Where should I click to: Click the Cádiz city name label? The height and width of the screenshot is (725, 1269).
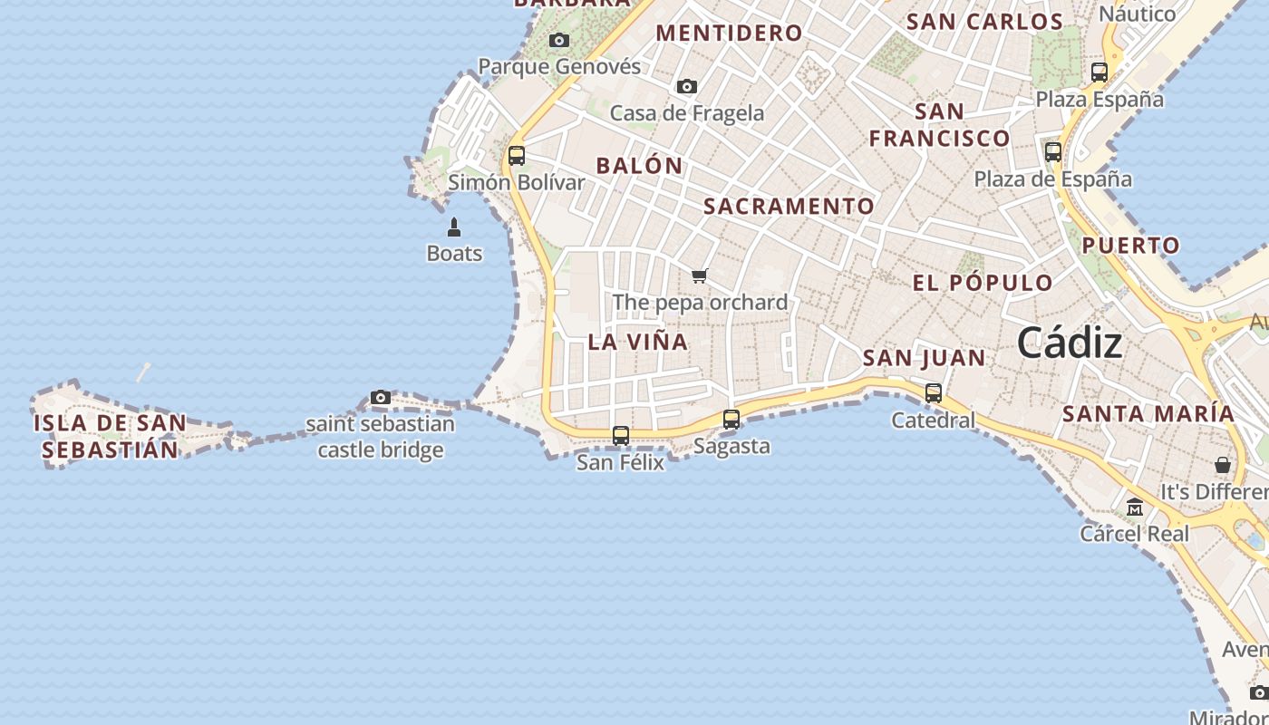(1070, 343)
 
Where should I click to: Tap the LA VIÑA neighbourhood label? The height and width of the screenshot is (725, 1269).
(638, 342)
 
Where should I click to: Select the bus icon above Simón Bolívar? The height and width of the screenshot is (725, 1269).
(517, 156)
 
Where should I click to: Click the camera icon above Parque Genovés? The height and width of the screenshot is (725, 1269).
(559, 40)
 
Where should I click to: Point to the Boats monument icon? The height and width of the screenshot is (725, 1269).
(454, 227)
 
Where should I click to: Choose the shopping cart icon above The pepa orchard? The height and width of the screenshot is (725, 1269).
(699, 275)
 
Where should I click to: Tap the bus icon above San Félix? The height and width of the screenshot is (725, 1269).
(621, 436)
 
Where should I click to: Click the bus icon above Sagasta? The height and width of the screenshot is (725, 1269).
(731, 420)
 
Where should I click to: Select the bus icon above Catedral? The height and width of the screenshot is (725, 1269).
(934, 393)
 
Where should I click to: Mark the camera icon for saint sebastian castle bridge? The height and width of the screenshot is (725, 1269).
(381, 397)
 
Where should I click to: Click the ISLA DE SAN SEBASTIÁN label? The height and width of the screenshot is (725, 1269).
(111, 436)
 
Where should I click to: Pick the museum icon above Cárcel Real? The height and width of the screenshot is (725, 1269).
(1135, 507)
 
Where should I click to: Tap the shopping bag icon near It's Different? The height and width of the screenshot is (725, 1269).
(1223, 465)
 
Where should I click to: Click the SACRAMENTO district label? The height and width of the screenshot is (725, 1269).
(789, 207)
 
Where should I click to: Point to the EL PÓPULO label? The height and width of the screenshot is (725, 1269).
(983, 283)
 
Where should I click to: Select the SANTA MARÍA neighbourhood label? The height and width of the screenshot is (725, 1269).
(1148, 414)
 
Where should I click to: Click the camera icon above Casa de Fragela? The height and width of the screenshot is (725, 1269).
(687, 86)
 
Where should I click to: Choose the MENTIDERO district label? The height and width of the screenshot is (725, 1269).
(730, 34)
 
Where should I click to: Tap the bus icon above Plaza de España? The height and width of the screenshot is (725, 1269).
(1053, 152)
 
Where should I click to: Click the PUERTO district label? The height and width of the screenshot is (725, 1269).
(1131, 246)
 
